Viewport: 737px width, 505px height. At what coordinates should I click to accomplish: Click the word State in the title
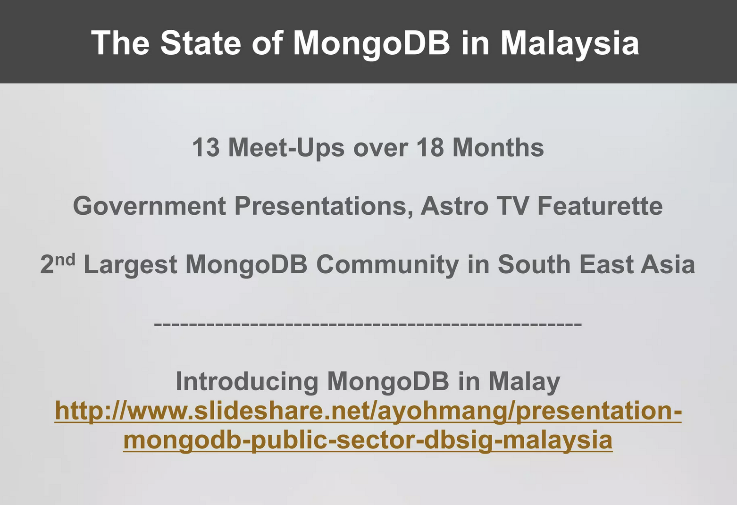201,42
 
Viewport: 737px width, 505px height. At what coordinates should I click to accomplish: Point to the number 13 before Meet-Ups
206,147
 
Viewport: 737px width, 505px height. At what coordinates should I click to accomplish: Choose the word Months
498,147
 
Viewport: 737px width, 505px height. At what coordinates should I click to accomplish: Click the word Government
150,206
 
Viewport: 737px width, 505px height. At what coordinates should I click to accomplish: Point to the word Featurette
600,206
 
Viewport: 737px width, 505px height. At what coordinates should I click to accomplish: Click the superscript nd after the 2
65,260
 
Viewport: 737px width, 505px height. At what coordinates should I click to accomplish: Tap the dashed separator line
368,324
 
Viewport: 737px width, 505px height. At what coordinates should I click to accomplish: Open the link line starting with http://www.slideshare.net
368,411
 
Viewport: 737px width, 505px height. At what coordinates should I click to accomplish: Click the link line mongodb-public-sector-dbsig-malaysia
368,440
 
